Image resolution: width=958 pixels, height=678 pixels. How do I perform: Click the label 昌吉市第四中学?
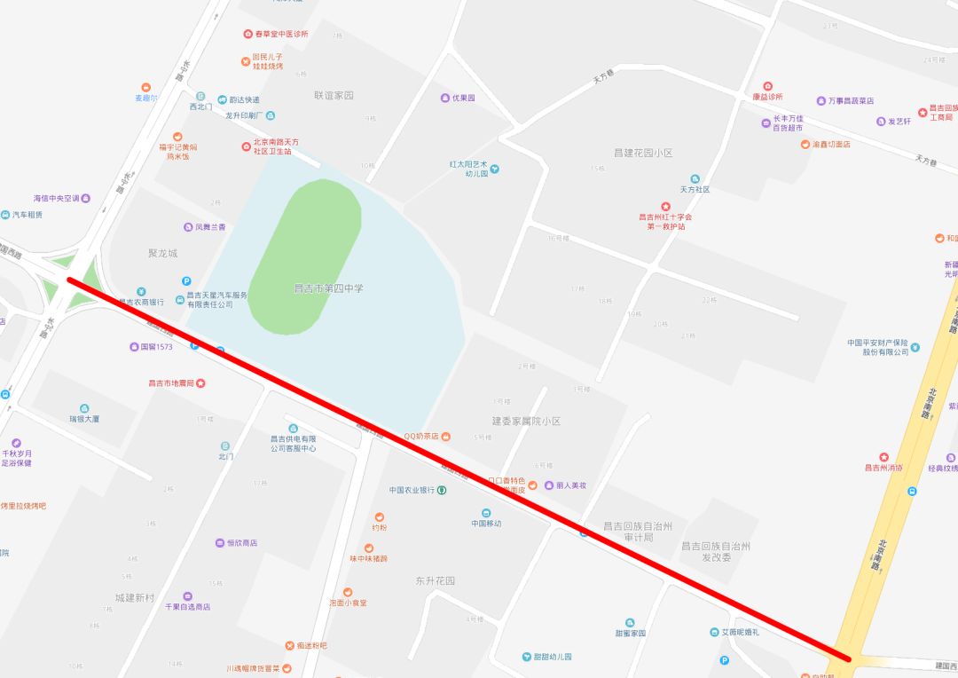(x=328, y=288)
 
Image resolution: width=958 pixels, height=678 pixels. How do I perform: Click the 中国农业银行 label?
(x=412, y=490)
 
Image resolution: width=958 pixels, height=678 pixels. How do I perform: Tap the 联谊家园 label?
(x=334, y=95)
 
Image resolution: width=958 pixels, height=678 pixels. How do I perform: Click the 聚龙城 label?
(x=162, y=253)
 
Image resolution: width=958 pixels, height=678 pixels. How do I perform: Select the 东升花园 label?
(x=435, y=580)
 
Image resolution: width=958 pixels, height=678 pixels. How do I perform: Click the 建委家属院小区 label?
(x=526, y=421)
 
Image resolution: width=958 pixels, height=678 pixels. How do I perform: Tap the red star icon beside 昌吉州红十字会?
(x=665, y=206)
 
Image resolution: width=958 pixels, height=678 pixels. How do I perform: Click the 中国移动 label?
(x=486, y=523)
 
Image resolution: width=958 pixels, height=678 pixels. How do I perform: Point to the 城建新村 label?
(x=135, y=597)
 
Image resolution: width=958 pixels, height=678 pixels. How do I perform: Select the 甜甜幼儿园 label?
(x=546, y=657)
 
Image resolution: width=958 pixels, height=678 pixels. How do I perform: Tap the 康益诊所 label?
(x=767, y=97)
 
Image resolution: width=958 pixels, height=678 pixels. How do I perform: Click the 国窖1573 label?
(x=156, y=346)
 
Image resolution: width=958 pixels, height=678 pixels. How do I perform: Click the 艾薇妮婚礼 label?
(x=739, y=632)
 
